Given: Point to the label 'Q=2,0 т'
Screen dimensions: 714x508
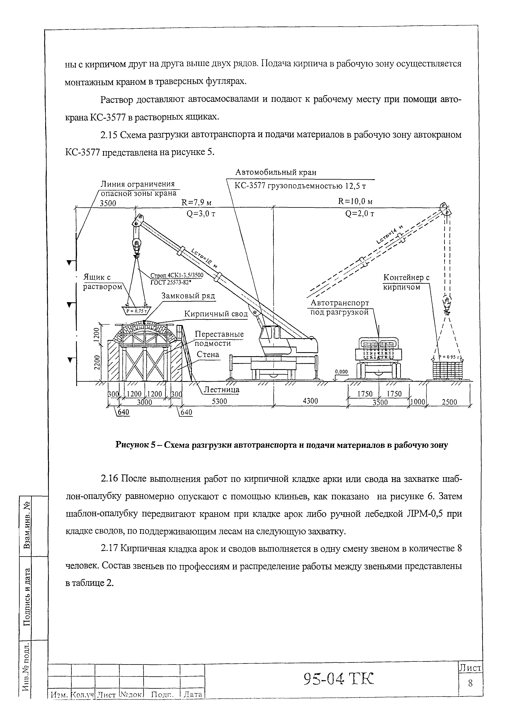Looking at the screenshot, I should coord(360,214).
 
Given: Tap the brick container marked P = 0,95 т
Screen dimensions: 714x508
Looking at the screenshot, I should coord(447,370).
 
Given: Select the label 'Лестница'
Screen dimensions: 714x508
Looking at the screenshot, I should coord(221,390).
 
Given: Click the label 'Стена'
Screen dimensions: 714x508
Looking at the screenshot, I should coord(208,355).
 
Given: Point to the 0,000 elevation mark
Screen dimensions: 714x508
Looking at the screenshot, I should coord(341,372).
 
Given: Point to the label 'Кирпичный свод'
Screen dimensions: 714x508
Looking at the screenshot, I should coord(216,314).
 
